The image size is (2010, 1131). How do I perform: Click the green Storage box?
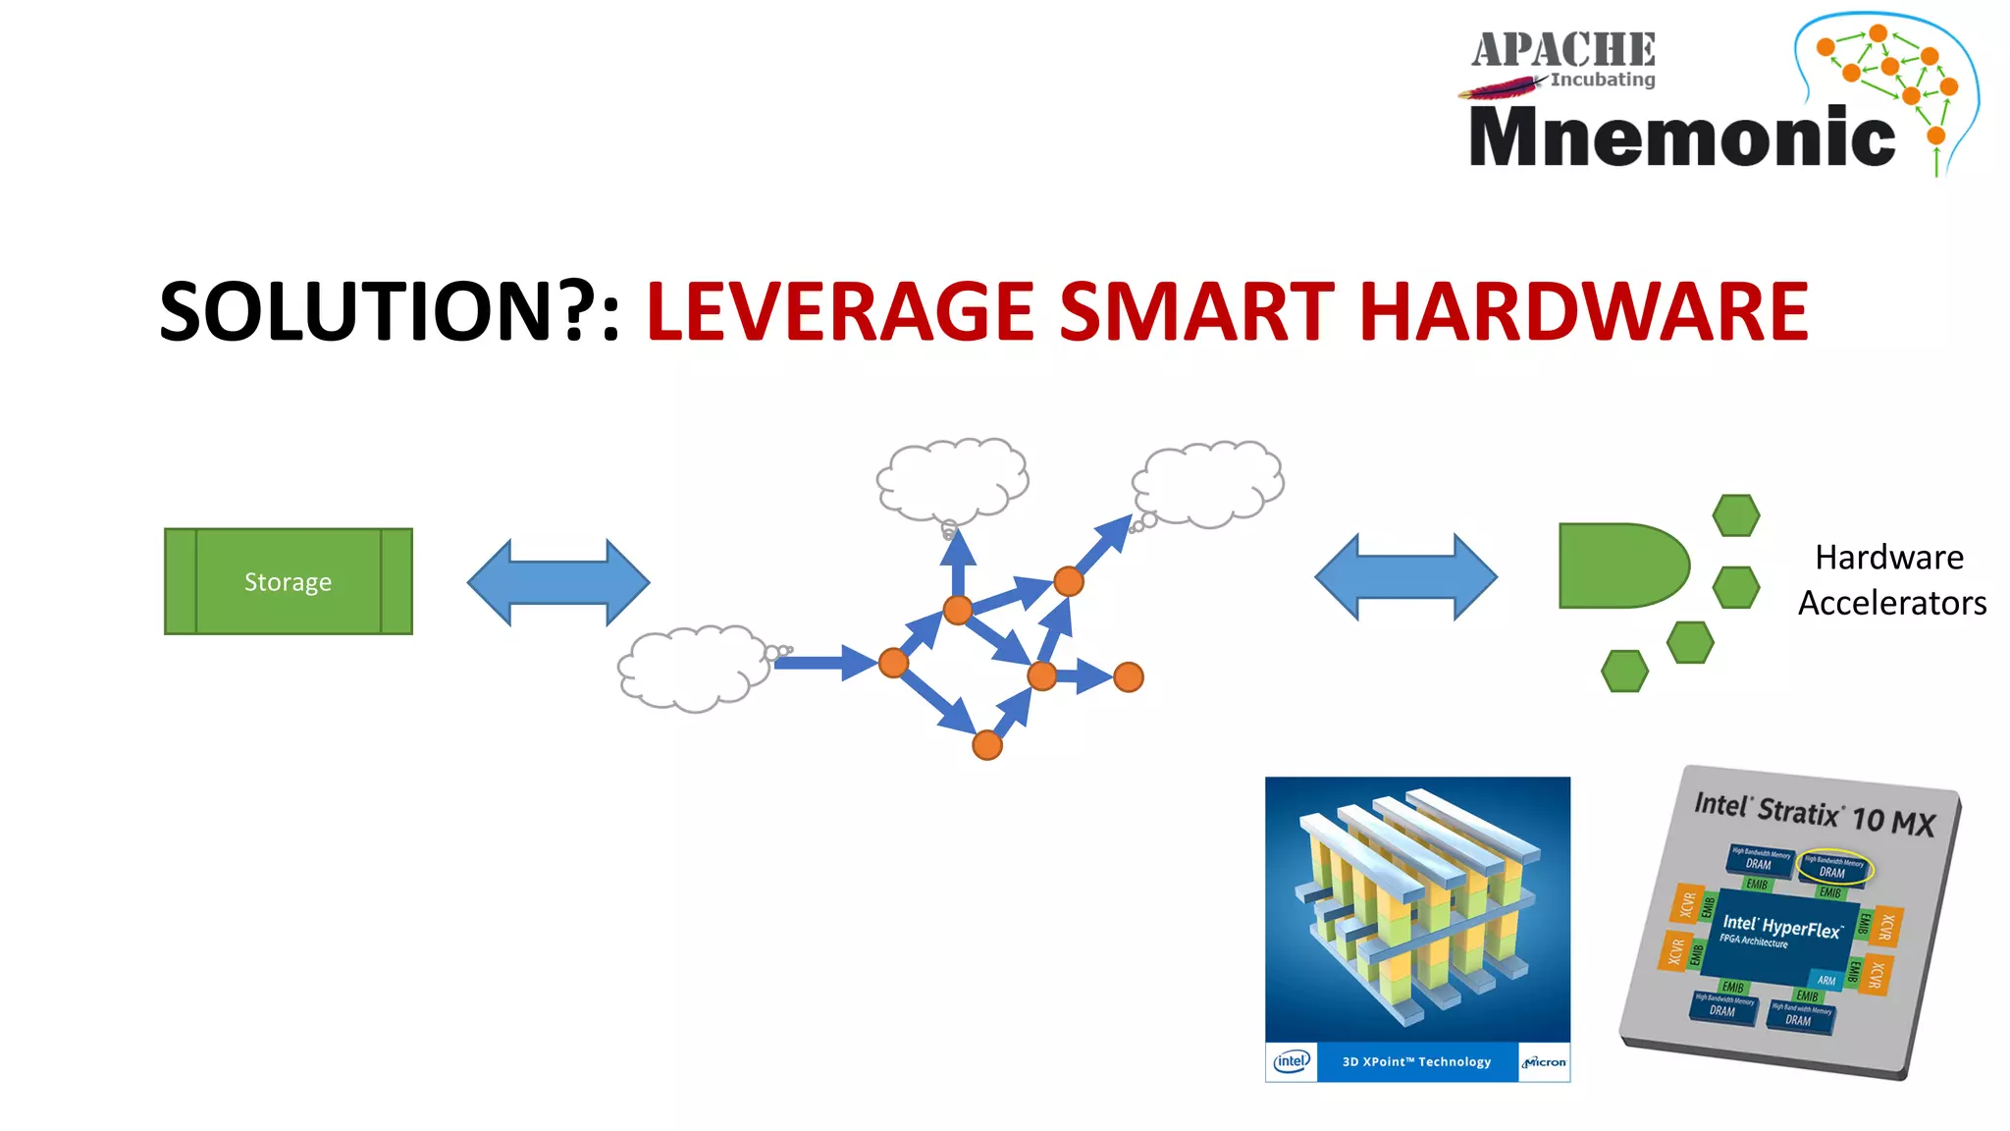(x=288, y=581)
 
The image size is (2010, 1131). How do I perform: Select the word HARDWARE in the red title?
(x=1583, y=312)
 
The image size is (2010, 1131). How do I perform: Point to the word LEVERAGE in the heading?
(x=840, y=312)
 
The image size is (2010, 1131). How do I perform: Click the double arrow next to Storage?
(x=557, y=581)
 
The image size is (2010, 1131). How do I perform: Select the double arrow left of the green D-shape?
(x=1405, y=577)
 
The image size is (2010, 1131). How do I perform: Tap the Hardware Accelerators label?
(x=1891, y=579)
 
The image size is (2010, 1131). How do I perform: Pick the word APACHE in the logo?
(x=1562, y=50)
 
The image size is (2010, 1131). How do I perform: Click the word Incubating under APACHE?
(x=1603, y=80)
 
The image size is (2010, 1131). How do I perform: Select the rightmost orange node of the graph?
(x=1129, y=676)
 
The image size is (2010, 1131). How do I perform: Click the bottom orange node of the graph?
(x=987, y=745)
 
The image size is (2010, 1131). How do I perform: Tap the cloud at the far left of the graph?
(x=693, y=668)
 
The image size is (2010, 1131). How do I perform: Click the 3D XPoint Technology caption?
(x=1416, y=1061)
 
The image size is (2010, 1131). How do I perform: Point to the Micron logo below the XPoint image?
(x=1544, y=1061)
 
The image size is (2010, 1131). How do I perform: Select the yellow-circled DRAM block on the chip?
(x=1833, y=868)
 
